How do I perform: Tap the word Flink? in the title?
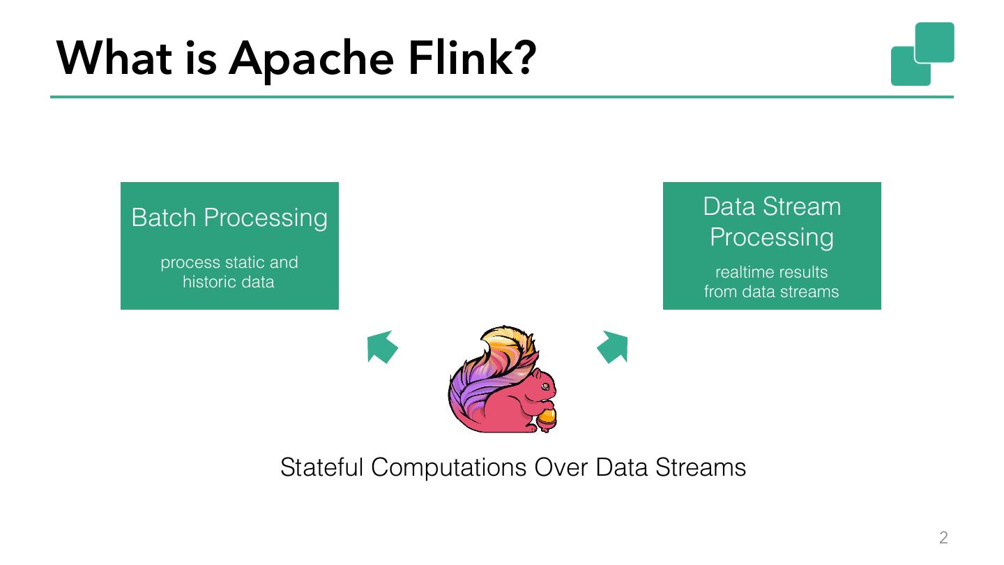click(x=473, y=57)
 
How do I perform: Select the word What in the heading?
click(x=114, y=58)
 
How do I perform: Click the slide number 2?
click(x=943, y=537)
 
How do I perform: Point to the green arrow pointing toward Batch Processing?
click(x=381, y=347)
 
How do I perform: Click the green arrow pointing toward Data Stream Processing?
click(x=613, y=347)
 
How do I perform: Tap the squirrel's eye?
click(x=545, y=386)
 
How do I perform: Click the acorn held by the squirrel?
click(x=547, y=419)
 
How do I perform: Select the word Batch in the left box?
click(x=164, y=218)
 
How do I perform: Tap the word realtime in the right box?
click(x=743, y=272)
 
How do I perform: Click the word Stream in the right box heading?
click(x=802, y=206)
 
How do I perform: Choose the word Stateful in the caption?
click(x=322, y=467)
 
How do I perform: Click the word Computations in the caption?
click(x=449, y=468)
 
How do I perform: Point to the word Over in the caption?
click(x=561, y=467)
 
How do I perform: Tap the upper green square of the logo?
click(x=934, y=43)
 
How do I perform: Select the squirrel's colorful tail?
click(x=493, y=372)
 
